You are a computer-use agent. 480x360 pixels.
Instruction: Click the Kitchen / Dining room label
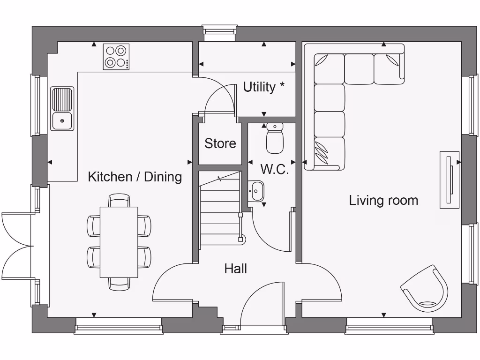135,177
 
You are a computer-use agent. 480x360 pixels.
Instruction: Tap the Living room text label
383,201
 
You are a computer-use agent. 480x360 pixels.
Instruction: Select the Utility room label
259,87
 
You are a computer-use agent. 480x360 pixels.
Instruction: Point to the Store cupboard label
220,143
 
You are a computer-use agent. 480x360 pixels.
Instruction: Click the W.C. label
274,169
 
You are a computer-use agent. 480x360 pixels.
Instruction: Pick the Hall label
235,269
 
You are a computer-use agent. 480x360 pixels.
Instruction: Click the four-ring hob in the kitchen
116,57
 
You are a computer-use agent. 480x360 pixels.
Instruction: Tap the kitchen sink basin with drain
62,121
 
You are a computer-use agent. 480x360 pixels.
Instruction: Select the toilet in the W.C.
275,139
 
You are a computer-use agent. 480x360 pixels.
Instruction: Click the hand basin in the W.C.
257,191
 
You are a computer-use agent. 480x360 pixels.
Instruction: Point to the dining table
119,242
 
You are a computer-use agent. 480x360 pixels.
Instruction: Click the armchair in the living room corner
425,289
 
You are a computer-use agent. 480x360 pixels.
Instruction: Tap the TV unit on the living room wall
449,180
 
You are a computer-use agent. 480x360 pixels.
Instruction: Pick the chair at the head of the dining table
119,201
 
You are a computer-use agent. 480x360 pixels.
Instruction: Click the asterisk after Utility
282,86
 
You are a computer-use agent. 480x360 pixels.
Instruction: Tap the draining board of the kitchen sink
62,99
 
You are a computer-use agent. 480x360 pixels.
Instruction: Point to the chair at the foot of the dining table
119,284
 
